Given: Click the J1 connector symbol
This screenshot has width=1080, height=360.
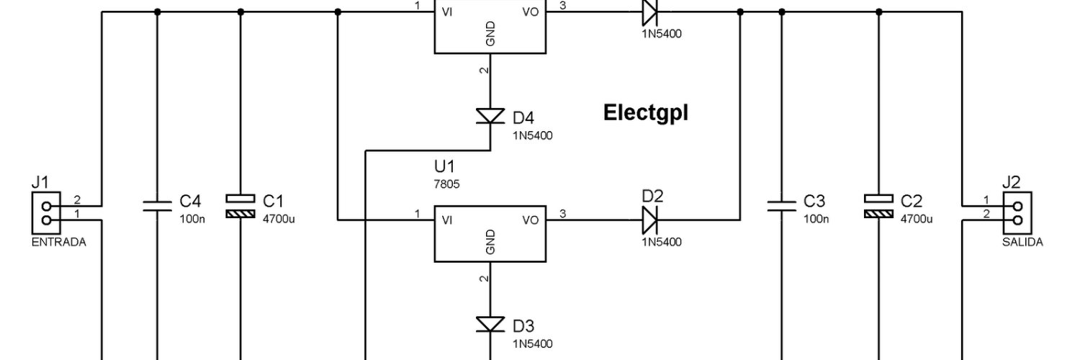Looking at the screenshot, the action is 46,213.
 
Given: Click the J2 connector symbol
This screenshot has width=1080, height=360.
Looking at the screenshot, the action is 1017,213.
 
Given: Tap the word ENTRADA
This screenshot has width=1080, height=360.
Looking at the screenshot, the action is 59,242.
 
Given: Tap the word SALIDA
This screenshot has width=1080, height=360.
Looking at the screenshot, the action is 1022,242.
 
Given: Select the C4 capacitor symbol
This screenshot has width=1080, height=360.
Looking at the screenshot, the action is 157,206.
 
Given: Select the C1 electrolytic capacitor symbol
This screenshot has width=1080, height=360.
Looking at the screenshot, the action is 240,206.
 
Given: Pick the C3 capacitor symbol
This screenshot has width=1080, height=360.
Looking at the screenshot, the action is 781,206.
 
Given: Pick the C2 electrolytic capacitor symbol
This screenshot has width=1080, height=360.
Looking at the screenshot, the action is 878,206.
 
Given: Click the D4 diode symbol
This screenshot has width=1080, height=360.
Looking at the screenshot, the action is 490,116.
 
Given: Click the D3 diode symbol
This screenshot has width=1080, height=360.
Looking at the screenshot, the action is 490,324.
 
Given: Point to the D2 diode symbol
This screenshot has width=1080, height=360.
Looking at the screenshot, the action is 649,220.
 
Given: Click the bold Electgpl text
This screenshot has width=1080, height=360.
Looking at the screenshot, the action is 646,113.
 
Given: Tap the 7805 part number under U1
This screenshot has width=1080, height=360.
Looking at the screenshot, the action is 446,184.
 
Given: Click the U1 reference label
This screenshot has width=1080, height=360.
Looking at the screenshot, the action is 444,166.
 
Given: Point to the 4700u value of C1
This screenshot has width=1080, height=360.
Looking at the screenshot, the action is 279,219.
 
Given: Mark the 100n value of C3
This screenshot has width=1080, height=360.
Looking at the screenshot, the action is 816,219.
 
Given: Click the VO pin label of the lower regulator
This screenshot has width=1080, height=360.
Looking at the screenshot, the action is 531,220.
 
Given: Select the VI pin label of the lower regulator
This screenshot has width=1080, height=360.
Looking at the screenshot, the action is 447,220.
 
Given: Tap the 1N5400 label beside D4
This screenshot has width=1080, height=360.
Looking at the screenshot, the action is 532,135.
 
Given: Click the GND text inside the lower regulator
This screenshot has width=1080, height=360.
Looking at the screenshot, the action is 490,242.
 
